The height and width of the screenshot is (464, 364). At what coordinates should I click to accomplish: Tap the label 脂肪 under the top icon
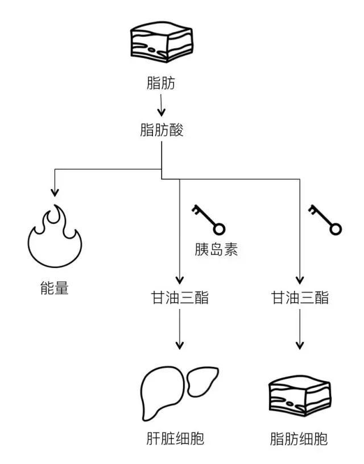tap(162, 85)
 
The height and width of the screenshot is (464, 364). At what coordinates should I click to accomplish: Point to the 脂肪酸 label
tap(162, 130)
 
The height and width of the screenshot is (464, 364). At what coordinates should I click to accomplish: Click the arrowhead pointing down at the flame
tap(54, 191)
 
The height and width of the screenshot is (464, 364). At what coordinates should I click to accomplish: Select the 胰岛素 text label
tap(215, 250)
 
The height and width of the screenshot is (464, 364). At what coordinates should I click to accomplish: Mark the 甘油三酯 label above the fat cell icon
tap(299, 297)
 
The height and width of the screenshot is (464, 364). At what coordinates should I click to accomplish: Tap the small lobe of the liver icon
tap(202, 381)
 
